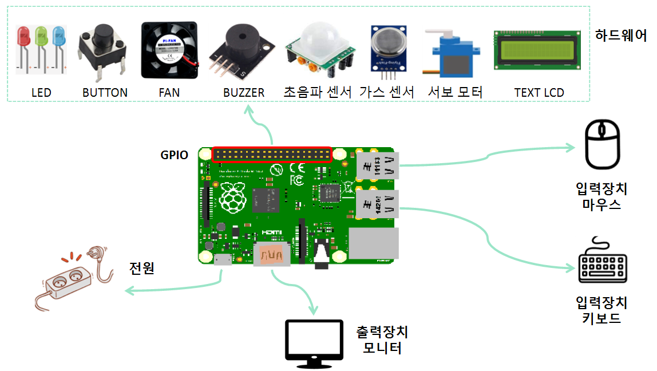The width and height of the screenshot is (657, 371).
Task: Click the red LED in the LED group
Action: [24, 38]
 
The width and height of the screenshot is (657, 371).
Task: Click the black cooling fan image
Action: [169, 50]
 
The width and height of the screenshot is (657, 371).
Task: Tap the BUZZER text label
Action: [244, 93]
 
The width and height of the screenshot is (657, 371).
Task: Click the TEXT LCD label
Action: [539, 93]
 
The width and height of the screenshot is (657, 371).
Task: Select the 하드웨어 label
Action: [621, 36]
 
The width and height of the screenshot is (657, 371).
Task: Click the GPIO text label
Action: [174, 155]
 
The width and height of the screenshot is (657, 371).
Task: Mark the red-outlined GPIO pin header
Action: [272, 155]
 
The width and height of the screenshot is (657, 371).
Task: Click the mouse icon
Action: [602, 144]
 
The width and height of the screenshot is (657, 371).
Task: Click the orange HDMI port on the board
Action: [271, 254]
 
